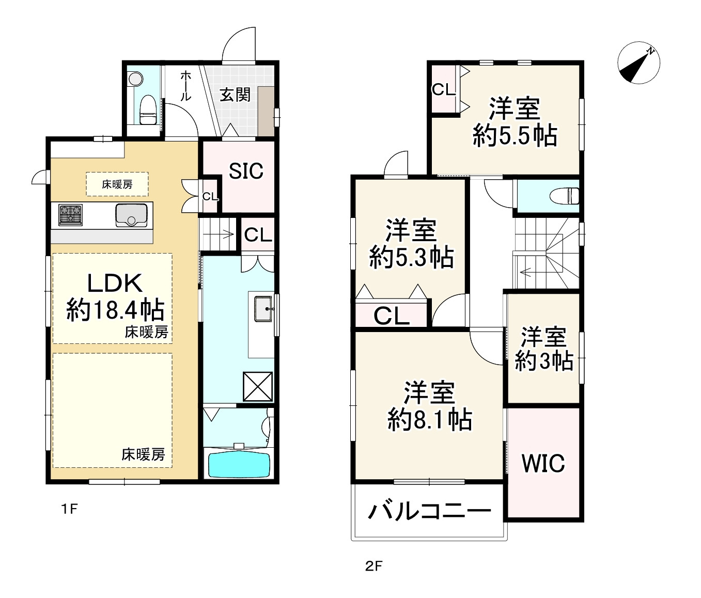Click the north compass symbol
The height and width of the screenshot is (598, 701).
click(x=638, y=63)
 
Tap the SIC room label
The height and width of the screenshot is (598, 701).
click(x=246, y=171)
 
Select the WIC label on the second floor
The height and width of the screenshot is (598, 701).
click(x=543, y=463)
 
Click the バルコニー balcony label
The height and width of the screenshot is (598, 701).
click(x=429, y=512)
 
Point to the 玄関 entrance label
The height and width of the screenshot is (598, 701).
click(x=235, y=95)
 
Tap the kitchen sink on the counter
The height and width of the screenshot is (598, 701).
click(x=131, y=215)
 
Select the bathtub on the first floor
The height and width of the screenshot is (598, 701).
click(x=239, y=464)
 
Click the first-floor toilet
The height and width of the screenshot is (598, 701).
click(x=148, y=109)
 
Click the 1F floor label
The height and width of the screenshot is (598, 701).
click(x=69, y=509)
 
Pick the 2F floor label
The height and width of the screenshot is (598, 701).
click(x=373, y=566)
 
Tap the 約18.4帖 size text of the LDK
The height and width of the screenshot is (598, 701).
click(x=115, y=310)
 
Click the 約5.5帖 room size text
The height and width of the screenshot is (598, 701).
click(x=515, y=136)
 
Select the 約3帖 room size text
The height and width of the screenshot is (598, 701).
click(x=544, y=360)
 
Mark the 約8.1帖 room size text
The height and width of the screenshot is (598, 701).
click(x=429, y=419)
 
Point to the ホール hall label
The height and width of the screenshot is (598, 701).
click(x=185, y=86)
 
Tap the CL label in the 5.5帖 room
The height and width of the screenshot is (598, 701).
click(x=444, y=90)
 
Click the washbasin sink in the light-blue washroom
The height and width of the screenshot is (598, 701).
click(x=263, y=309)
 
